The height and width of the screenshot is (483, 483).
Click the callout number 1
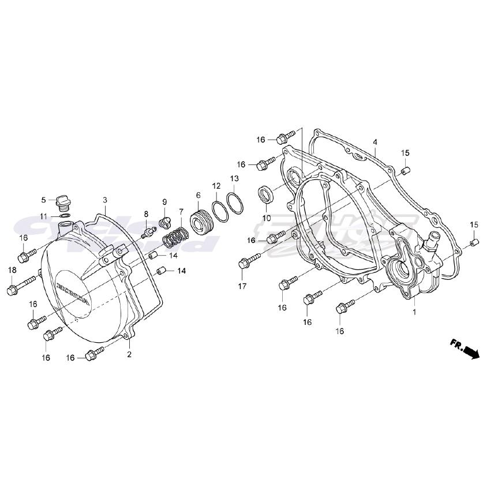(x=414, y=312)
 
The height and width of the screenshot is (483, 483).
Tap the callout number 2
(x=129, y=354)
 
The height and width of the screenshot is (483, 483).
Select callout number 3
(x=105, y=200)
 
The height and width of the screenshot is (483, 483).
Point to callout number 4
(x=375, y=142)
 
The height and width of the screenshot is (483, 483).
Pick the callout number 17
(x=241, y=286)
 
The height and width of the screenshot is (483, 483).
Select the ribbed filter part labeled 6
(x=201, y=223)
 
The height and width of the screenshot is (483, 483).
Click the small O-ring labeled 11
(x=65, y=216)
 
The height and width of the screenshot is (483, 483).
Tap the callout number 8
(x=146, y=214)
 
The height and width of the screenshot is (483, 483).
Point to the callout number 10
(x=266, y=218)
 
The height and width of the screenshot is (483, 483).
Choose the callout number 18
(x=12, y=270)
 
